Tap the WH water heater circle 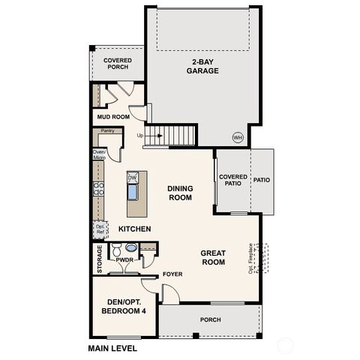238,136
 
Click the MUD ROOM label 113,117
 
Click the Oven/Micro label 98,155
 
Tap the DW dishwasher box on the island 133,177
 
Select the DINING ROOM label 180,193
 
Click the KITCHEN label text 135,228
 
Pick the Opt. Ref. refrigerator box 98,228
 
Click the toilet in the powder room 116,249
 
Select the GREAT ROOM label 213,258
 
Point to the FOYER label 173,274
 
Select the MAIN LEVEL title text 112,348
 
